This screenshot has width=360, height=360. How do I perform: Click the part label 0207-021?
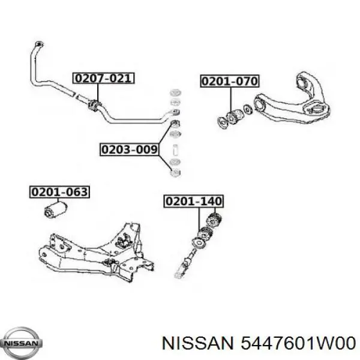103,78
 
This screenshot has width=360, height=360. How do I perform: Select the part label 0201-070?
230,81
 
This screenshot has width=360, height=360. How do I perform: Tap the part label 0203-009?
130,149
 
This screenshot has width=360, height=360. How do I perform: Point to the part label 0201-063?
59,192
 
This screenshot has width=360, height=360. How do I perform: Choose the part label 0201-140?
194,202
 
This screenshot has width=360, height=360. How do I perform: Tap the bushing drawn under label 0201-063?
56,209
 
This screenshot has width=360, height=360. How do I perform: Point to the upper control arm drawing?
293,99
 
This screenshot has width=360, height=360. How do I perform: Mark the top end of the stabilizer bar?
39,44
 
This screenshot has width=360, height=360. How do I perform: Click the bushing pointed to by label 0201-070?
234,116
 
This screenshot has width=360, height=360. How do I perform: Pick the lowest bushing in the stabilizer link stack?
176,173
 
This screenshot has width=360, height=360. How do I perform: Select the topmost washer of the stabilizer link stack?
176,93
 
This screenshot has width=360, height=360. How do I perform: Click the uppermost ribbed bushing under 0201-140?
214,220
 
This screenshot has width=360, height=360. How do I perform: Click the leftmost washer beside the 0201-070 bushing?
222,122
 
